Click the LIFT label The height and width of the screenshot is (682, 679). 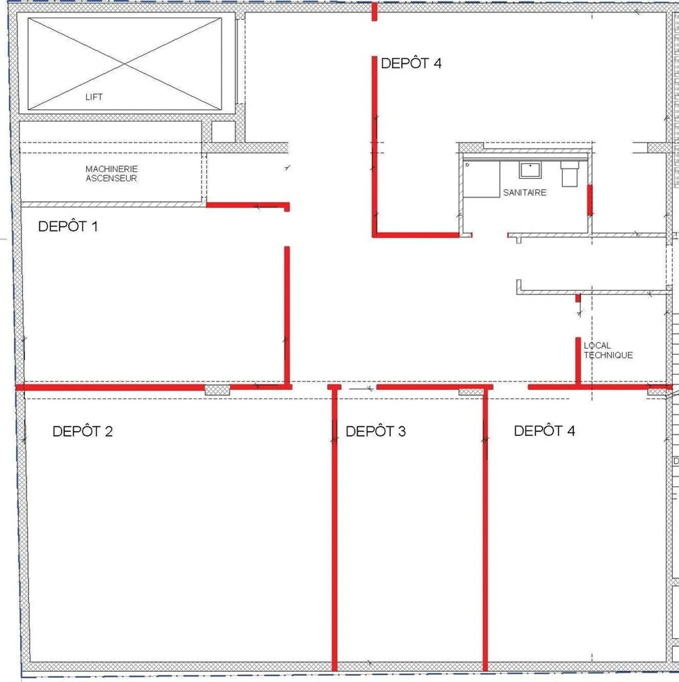94,97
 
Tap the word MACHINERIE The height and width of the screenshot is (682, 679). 112,169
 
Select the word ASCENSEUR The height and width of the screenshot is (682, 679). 111,178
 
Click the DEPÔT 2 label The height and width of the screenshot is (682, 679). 83,431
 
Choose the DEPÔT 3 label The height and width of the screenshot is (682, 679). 375,431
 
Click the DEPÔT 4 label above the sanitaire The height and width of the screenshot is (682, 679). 411,63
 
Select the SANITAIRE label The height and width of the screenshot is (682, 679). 524,192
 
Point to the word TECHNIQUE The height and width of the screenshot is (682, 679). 608,355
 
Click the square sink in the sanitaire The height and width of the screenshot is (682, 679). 530,170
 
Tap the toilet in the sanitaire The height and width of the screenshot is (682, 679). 570,174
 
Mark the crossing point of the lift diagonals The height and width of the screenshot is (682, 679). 124,64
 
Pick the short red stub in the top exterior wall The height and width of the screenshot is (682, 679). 374,11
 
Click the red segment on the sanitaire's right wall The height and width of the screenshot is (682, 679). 590,200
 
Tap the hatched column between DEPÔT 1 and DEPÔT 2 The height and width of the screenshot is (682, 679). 217,390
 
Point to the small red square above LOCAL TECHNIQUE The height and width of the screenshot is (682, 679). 578,298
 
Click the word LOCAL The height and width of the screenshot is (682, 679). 597,345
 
